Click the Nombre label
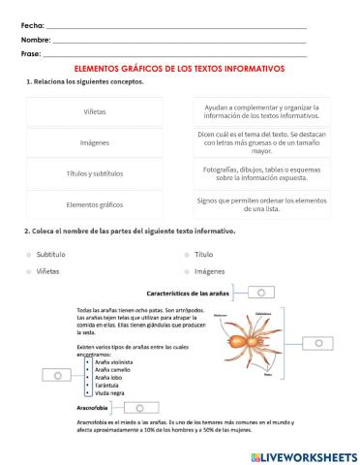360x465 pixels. click(x=35, y=40)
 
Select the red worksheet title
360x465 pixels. click(x=179, y=70)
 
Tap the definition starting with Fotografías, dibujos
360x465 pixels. click(x=261, y=173)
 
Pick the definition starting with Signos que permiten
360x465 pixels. click(x=261, y=204)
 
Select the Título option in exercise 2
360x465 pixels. click(x=203, y=254)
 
